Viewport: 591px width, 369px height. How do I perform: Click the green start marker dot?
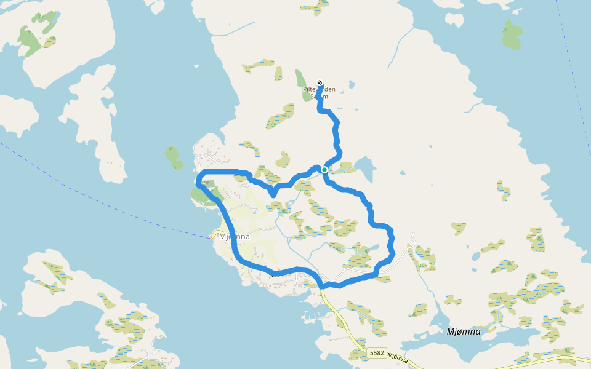[x=324, y=170]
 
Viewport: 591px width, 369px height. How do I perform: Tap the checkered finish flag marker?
[x=320, y=83]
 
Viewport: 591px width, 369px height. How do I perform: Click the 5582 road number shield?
[x=377, y=353]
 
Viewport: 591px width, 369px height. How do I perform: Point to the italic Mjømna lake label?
[x=463, y=331]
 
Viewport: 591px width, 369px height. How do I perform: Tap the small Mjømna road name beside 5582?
[x=399, y=358]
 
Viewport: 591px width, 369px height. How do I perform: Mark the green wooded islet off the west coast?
[x=173, y=156]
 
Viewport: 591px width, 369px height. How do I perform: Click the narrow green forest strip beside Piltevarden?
[x=302, y=86]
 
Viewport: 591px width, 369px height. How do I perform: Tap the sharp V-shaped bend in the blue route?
[x=272, y=195]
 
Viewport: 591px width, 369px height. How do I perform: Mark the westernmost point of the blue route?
[x=197, y=182]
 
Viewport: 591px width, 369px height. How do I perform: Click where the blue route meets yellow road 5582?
[x=322, y=286]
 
